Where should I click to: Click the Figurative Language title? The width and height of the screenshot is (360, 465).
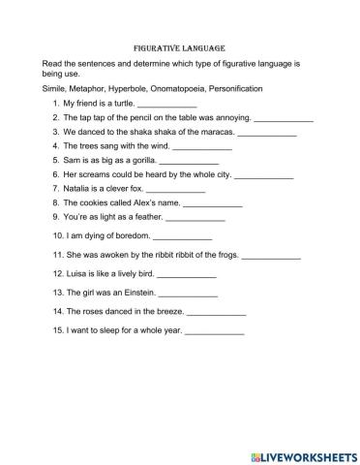coord(180,46)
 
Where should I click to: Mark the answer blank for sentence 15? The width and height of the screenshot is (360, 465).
coord(214,333)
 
